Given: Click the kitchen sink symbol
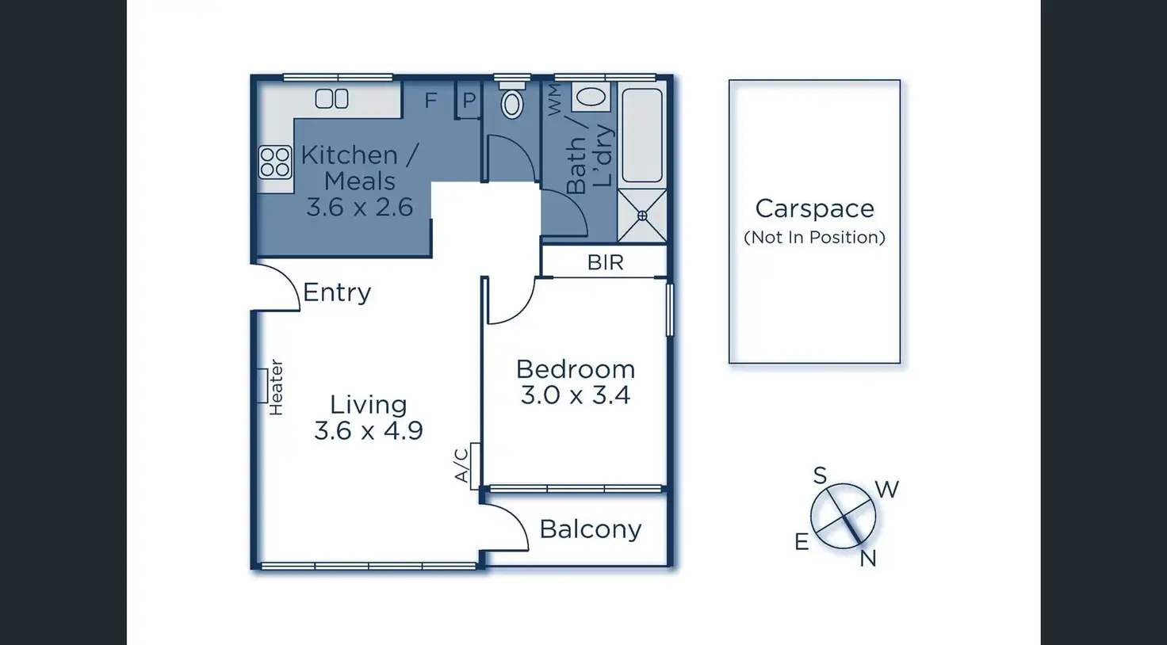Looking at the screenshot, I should [331, 99].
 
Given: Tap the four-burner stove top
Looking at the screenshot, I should [274, 162].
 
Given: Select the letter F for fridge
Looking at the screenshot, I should [430, 101].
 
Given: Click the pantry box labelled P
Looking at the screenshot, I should [469, 101].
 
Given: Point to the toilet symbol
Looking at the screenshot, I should [512, 102].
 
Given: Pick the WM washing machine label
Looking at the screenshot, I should [554, 101].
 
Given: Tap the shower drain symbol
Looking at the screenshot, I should [641, 216].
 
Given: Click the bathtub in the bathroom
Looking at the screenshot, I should [641, 135].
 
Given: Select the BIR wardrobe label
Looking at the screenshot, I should [605, 262].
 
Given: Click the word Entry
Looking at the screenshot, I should [337, 292].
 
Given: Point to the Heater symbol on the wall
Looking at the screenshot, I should [262, 386].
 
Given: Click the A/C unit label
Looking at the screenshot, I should [462, 465].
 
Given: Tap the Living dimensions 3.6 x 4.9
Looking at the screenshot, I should [368, 431].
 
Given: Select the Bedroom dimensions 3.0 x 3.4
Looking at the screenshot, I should [575, 395].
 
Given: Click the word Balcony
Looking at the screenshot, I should [590, 529].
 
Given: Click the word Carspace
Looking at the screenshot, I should [814, 208].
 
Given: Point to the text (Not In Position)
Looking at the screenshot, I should [814, 237].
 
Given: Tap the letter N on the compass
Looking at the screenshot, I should [868, 559].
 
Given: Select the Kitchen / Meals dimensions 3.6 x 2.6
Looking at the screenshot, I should [359, 208].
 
